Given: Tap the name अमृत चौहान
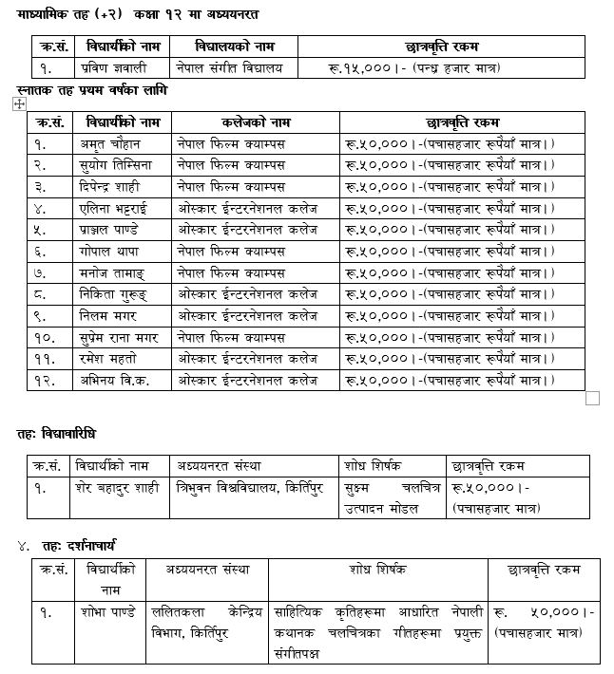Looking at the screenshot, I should pyautogui.click(x=110, y=143).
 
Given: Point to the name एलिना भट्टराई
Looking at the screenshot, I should pyautogui.click(x=115, y=207).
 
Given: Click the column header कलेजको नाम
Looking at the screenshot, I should pyautogui.click(x=256, y=122).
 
